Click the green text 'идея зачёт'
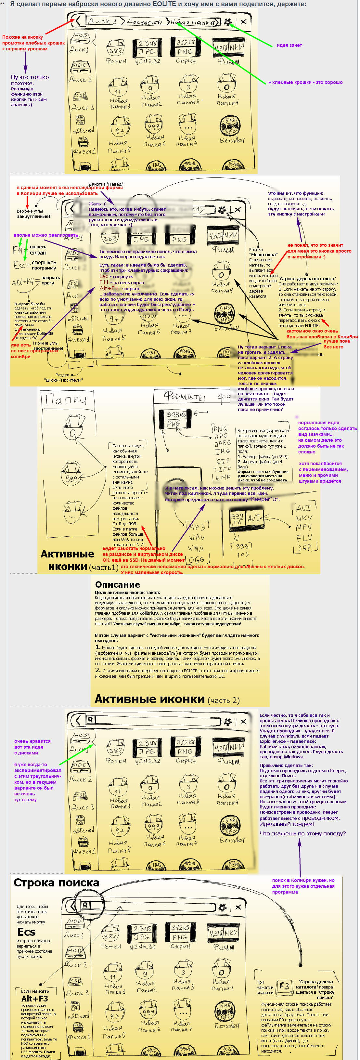tap(289, 45)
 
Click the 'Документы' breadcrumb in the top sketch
tap(144, 22)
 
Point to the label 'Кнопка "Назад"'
tap(108, 184)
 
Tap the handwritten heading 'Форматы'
tap(185, 396)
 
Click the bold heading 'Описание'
tap(117, 584)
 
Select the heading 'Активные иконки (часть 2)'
tap(167, 699)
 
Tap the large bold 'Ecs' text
tap(26, 932)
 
